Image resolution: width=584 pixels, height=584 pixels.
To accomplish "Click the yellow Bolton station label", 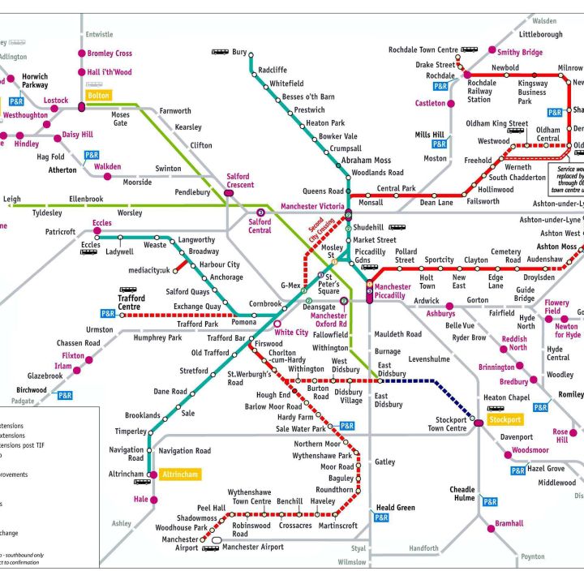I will pyautogui.click(x=99, y=95).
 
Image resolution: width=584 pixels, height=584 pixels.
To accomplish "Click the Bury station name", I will pyautogui.click(x=239, y=52).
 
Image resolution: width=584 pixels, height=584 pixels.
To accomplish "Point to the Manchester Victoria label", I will pyautogui.click(x=312, y=207).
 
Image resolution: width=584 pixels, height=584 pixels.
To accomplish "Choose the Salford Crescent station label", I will pyautogui.click(x=238, y=181).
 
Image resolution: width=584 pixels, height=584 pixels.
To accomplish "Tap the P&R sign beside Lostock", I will pyautogui.click(x=16, y=102).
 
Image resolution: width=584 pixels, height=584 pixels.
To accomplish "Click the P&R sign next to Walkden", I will pyautogui.click(x=92, y=155).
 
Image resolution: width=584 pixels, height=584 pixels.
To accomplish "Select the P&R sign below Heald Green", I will pyautogui.click(x=381, y=517).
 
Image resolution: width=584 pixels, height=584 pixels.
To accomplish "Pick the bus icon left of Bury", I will pyautogui.click(x=220, y=52).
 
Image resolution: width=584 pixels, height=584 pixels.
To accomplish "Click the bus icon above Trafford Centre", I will pyautogui.click(x=128, y=289).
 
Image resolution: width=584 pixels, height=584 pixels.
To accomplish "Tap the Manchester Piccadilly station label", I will pyautogui.click(x=392, y=291).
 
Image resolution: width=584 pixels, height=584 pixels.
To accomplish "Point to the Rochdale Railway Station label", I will pyautogui.click(x=479, y=92).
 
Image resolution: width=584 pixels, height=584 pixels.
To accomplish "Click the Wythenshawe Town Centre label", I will pyautogui.click(x=249, y=497).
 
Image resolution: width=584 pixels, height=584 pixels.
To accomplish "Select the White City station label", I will pyautogui.click(x=292, y=333).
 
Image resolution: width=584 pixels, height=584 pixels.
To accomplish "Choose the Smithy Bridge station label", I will pyautogui.click(x=521, y=52).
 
